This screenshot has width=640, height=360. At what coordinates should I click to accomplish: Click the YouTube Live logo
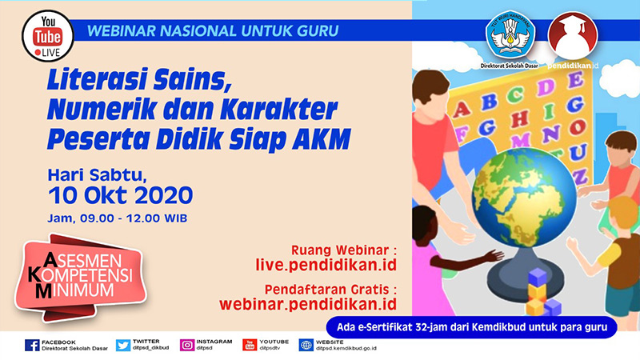point(48,36)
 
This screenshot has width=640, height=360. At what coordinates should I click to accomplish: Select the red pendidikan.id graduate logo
point(573,35)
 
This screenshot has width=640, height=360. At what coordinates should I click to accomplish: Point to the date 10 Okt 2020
point(121,195)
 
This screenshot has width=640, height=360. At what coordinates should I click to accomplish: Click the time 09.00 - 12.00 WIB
point(134,218)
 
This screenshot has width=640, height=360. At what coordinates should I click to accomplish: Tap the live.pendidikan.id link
point(326,265)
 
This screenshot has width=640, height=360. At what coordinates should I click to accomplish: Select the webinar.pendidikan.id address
point(308,304)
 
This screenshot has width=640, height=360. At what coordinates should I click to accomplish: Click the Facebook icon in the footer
point(32,346)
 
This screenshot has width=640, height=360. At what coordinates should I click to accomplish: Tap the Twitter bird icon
point(123,346)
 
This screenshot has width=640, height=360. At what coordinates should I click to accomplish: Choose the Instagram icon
point(187,346)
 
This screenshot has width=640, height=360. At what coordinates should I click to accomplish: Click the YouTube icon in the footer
point(250,346)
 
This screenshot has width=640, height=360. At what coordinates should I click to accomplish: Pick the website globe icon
point(306,346)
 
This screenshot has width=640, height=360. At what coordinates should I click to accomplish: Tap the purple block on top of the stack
point(538,277)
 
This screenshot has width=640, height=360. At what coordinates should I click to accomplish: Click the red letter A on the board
point(462,109)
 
